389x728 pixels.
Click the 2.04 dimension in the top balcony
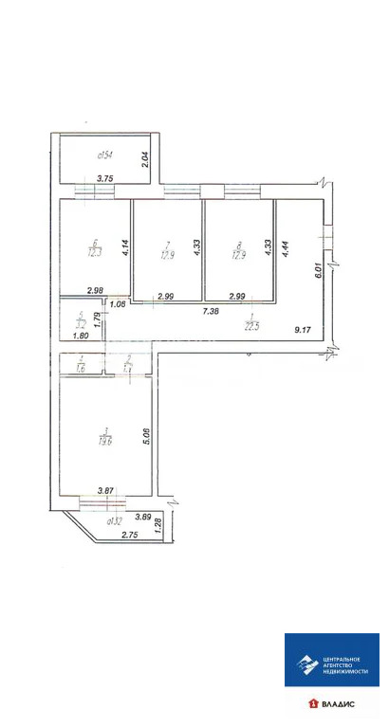145,160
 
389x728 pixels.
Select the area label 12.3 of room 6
94,251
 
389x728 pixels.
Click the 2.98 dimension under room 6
94,290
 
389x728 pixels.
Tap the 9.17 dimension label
304,330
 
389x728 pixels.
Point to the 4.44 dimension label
284,249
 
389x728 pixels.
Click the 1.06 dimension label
118,304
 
